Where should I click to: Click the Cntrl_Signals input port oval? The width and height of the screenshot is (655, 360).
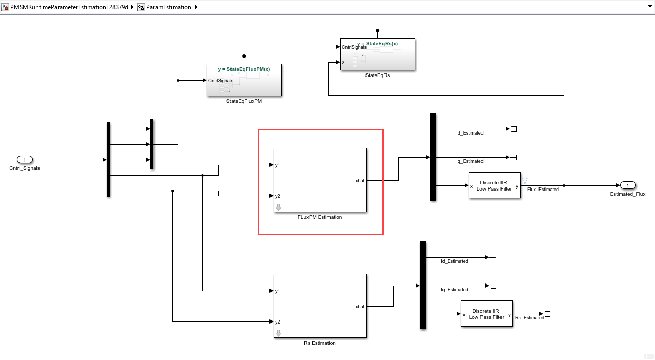coord(25,160)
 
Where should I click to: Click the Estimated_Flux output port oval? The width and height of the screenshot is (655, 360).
coord(627,185)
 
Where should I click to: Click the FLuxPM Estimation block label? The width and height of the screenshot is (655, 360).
coord(319,217)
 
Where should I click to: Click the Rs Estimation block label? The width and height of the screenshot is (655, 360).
coord(319,343)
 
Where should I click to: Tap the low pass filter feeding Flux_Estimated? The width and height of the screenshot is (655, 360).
coord(494,185)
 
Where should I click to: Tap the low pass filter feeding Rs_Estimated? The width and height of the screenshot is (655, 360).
coord(487,314)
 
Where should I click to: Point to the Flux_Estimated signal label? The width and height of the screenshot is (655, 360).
coord(543,190)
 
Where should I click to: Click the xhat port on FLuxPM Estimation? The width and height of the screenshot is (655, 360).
coord(360,181)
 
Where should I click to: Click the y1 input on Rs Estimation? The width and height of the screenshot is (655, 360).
coord(277,291)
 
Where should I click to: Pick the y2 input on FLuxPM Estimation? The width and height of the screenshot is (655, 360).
coord(277,196)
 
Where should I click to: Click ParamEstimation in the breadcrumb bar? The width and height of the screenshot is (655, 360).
coord(168,7)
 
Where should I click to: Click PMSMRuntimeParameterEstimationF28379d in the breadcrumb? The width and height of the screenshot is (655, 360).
coord(69,7)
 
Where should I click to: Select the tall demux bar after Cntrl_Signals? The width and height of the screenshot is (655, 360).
coord(108,159)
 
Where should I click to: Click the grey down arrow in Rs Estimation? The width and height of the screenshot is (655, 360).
coord(279,333)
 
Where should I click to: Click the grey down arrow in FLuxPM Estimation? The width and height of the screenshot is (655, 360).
coord(279,207)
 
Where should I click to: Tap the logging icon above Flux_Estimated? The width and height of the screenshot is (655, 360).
coord(525,180)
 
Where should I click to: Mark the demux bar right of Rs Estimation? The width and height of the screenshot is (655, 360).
coord(422,285)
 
